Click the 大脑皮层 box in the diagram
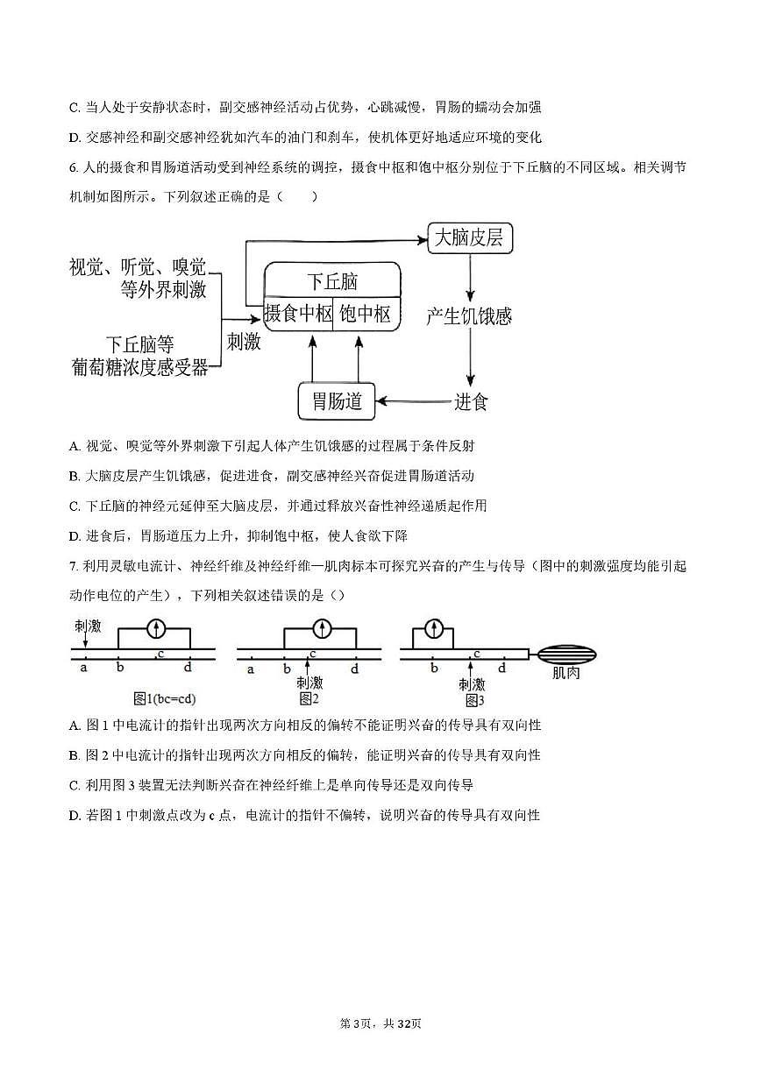point(470,238)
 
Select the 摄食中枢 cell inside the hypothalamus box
point(299,314)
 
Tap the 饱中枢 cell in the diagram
point(366,314)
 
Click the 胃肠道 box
point(337,401)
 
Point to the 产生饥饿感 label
point(469,316)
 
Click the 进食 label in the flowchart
point(471,402)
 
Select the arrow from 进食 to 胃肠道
point(412,402)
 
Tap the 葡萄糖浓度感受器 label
point(140,368)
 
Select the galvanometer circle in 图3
point(433,628)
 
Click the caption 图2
point(308,698)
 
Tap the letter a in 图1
point(84,669)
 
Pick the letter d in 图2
point(354,669)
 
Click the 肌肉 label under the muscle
point(565,674)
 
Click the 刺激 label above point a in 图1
point(88,626)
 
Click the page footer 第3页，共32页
point(380,1023)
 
